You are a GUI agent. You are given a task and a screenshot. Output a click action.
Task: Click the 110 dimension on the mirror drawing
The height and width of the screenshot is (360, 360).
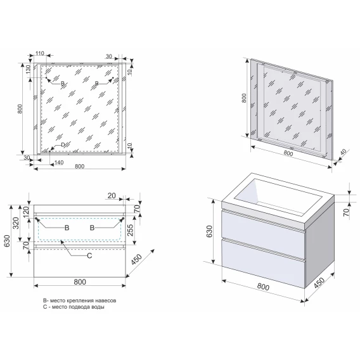click(40, 53)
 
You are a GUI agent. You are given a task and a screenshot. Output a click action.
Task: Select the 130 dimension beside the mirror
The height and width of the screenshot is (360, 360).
click(28, 69)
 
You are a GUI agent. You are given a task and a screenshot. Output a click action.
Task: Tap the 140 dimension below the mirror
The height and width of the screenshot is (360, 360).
click(59, 162)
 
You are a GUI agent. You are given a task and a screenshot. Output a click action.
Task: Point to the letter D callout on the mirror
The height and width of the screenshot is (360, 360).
click(63, 145)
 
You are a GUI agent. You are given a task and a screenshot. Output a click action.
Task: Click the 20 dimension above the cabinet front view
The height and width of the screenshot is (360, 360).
click(112, 196)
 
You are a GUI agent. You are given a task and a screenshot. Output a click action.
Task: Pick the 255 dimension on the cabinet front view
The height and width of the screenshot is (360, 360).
click(130, 230)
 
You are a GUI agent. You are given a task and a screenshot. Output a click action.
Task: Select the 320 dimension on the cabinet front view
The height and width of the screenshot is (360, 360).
click(16, 223)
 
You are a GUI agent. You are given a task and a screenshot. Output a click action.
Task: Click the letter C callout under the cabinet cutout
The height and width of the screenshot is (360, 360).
click(89, 255)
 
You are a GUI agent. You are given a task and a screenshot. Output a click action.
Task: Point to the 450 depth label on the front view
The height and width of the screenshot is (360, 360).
click(137, 259)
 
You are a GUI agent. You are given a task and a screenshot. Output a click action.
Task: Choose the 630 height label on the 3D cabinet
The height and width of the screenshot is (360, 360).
click(210, 231)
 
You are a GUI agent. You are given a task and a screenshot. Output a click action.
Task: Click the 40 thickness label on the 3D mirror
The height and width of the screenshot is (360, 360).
click(343, 152)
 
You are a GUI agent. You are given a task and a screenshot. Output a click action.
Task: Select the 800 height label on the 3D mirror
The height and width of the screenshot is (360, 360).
click(244, 98)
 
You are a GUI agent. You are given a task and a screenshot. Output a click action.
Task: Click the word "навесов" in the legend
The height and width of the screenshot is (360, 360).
click(106, 300)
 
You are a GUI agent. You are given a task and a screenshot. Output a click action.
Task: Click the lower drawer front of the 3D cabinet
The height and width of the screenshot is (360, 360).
click(263, 264)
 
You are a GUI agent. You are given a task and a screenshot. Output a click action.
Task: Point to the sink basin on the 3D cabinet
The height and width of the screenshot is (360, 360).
click(278, 196)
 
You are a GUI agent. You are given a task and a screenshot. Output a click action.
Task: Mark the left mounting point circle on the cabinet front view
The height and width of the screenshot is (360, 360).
click(36, 218)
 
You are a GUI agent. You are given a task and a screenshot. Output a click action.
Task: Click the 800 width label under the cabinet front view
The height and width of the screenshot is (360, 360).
click(80, 282)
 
